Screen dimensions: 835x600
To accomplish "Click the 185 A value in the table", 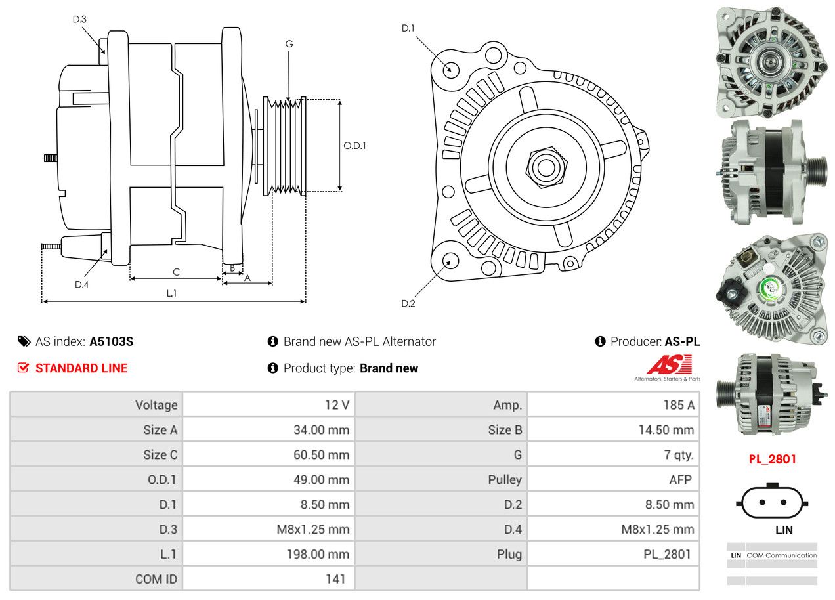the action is pyautogui.click(x=679, y=405).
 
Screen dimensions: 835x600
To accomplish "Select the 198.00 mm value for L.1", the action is pyautogui.click(x=318, y=554).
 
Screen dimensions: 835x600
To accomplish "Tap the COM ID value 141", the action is pyautogui.click(x=335, y=579).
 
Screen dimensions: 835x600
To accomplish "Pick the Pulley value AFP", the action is pyautogui.click(x=680, y=480).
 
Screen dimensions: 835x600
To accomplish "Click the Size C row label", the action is pyautogui.click(x=160, y=455).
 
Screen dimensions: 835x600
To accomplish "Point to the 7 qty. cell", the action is pyautogui.click(x=679, y=455).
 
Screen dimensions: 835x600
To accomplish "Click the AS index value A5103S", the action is pyautogui.click(x=111, y=341).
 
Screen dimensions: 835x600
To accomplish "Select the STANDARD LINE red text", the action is pyautogui.click(x=81, y=368).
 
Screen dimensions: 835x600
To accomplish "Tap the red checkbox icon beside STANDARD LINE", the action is pyautogui.click(x=23, y=368).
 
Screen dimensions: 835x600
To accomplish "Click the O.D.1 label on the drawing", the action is pyautogui.click(x=354, y=146).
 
